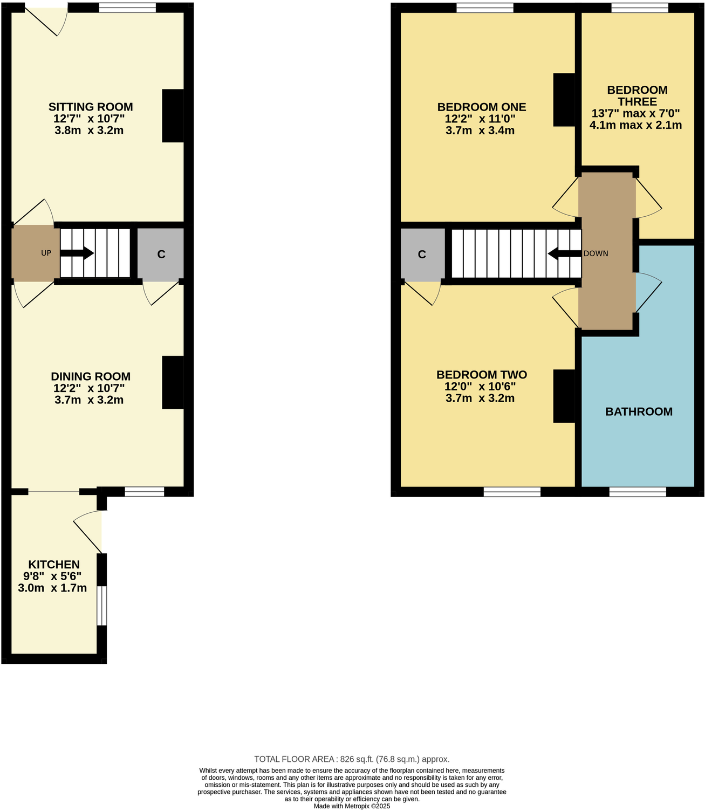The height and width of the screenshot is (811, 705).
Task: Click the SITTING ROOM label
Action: click(x=91, y=107)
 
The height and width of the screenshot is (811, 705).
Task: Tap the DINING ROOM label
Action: click(x=91, y=376)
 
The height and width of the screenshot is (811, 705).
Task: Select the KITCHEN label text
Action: click(x=54, y=565)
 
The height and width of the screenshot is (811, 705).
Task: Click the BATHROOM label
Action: click(x=639, y=412)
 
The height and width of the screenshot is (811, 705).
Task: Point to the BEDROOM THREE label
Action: click(x=636, y=96)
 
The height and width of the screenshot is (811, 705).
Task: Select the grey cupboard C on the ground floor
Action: click(x=161, y=254)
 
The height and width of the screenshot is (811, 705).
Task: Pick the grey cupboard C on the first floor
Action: click(x=422, y=254)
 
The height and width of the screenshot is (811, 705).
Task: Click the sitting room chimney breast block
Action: click(x=173, y=116)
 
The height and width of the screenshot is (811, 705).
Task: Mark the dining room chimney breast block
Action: click(x=173, y=383)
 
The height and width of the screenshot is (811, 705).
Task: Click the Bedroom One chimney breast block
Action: click(x=564, y=100)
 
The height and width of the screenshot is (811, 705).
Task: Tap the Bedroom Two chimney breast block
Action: click(x=564, y=396)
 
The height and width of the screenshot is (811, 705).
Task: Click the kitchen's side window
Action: click(x=101, y=605)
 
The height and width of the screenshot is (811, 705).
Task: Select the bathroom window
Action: click(x=638, y=491)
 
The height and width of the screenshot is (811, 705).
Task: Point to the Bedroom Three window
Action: click(x=639, y=8)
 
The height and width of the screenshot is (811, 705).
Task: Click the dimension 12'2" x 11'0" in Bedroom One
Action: click(x=480, y=119)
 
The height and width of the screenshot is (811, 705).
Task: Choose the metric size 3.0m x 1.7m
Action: click(x=52, y=588)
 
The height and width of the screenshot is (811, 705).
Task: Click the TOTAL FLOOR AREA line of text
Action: click(x=352, y=759)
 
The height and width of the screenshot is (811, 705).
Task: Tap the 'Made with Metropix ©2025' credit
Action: click(x=352, y=806)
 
